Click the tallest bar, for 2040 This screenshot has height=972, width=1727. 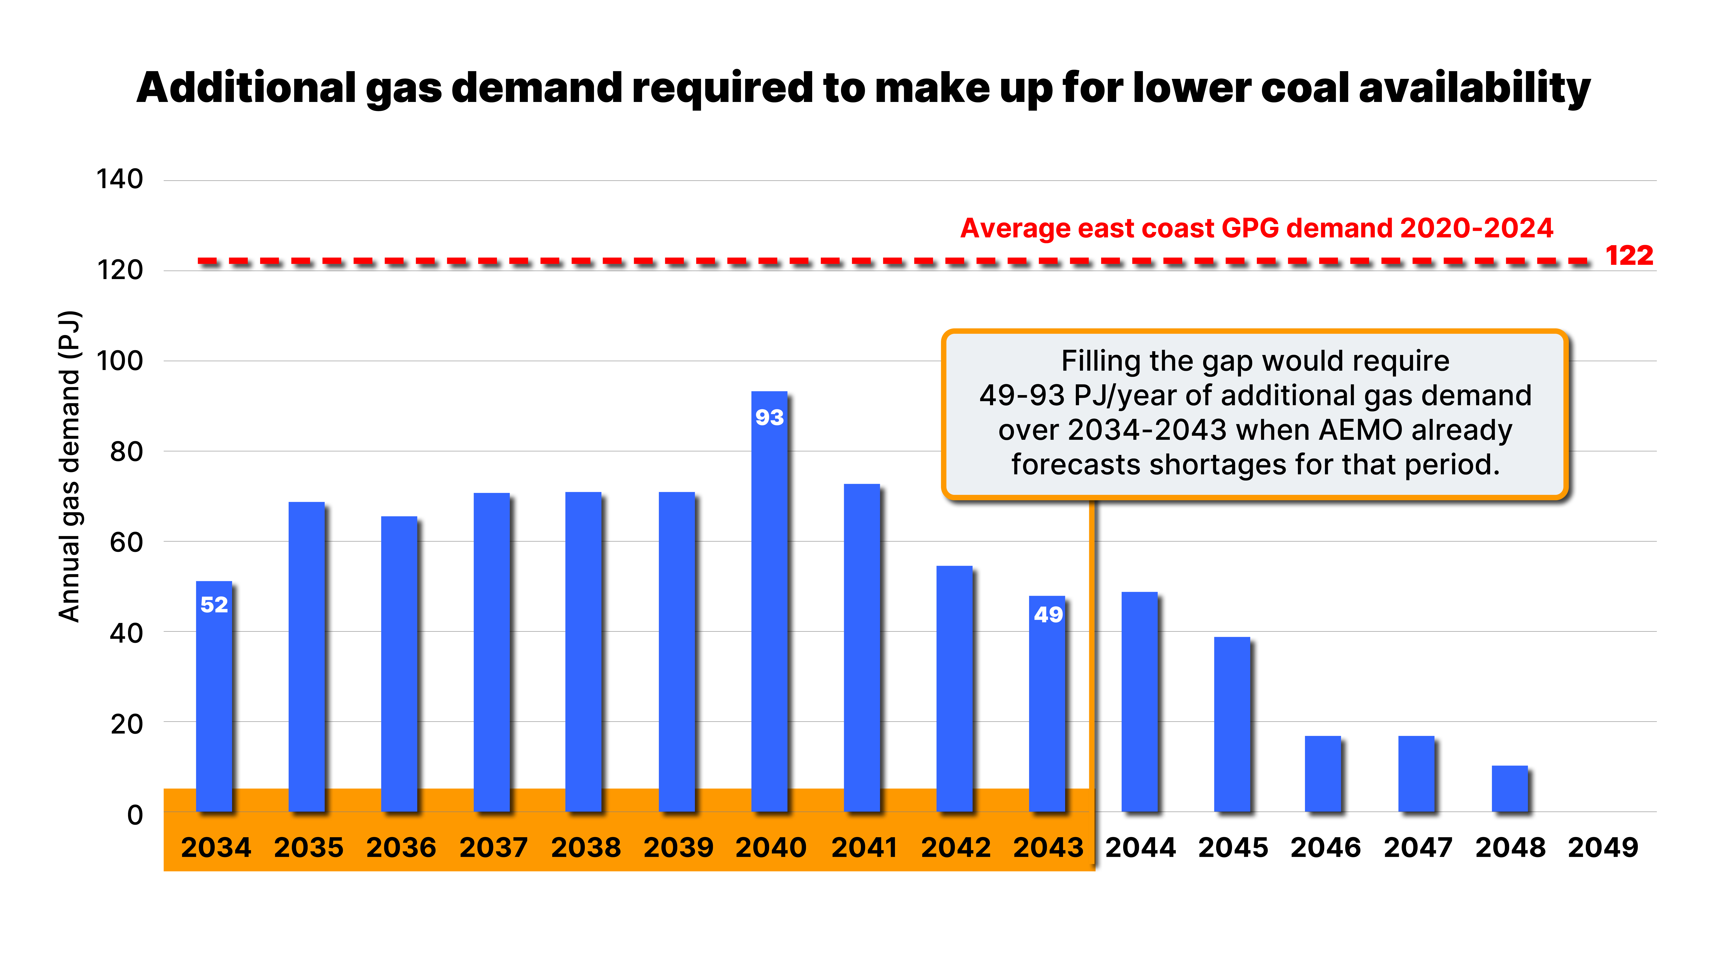[x=769, y=604]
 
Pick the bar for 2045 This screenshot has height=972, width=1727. [x=1232, y=724]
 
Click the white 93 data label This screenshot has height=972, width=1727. [x=769, y=417]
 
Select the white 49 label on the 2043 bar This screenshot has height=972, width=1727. [x=1048, y=615]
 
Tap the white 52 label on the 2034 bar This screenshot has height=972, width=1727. [x=214, y=604]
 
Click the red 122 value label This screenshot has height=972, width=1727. [x=1629, y=256]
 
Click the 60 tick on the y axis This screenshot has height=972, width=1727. [x=126, y=542]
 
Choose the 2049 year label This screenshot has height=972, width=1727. [x=1602, y=847]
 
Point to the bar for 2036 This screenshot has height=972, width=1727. [x=399, y=664]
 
